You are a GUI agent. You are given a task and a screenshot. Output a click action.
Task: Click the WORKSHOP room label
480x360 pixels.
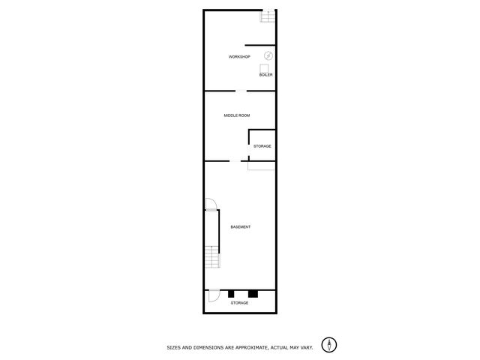[239, 58]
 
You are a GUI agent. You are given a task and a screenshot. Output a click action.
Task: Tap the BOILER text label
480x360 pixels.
[266, 75]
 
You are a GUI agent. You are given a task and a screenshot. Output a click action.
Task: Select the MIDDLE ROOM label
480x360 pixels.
[237, 115]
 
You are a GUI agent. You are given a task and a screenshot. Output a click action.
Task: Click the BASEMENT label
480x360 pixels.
[240, 227]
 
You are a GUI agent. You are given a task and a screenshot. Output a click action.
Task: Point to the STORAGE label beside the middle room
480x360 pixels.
[262, 145]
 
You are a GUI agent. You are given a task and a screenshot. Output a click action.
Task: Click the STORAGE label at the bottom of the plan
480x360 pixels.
[239, 303]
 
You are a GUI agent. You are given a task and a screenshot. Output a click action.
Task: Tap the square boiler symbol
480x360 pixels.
[265, 67]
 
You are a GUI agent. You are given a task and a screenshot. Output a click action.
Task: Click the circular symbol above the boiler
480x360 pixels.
[268, 56]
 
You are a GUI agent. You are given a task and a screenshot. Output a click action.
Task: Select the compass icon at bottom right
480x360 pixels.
[328, 345]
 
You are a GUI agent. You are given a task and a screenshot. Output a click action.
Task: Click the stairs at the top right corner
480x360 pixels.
[265, 16]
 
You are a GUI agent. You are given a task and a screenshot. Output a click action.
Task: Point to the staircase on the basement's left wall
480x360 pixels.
[212, 257]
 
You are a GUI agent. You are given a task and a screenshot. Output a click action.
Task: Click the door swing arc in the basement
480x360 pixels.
[211, 203]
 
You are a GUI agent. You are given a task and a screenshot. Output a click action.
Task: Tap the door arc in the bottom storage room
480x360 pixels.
[214, 295]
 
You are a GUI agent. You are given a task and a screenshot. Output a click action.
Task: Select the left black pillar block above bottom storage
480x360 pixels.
[232, 292]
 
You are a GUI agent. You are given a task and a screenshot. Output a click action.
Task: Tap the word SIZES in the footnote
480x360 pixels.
[174, 347]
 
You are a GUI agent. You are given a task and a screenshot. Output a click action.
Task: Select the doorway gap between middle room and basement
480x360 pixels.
[235, 161]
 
